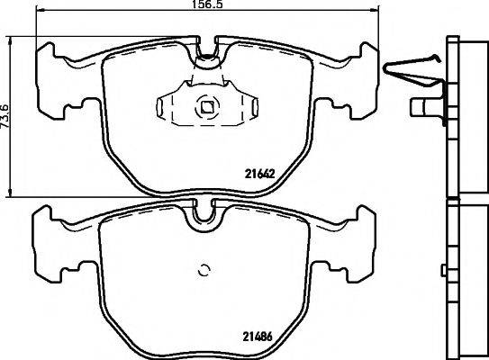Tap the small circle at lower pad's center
coord(204,269)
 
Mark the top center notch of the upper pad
coord(207,58)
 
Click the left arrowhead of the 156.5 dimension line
coord(41,14)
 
